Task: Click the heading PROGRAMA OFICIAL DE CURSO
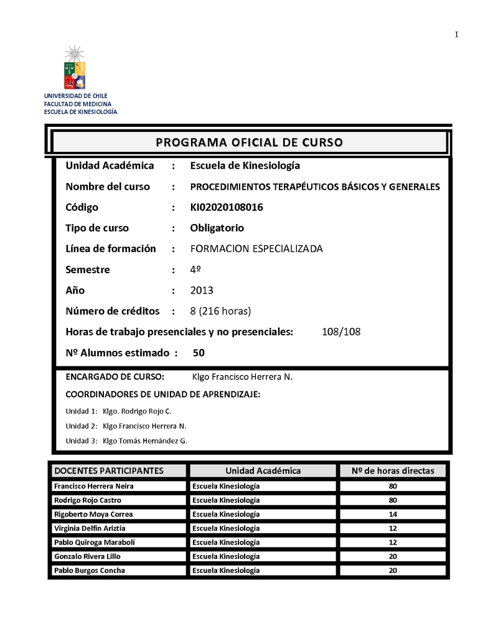click(249, 142)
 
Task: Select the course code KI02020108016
click(226, 207)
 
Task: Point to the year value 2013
click(202, 291)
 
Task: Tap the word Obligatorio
click(217, 228)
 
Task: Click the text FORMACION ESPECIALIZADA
click(256, 249)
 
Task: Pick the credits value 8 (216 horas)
click(220, 311)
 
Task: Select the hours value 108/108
click(341, 332)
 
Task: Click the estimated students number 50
click(199, 353)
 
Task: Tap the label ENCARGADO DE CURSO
click(115, 376)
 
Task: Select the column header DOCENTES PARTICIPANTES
click(109, 470)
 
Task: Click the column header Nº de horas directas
click(393, 470)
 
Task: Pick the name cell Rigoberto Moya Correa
click(93, 514)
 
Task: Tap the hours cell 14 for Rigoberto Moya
click(392, 514)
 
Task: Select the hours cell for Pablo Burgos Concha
click(392, 571)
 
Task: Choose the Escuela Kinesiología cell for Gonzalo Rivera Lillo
click(226, 556)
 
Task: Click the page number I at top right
click(456, 35)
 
